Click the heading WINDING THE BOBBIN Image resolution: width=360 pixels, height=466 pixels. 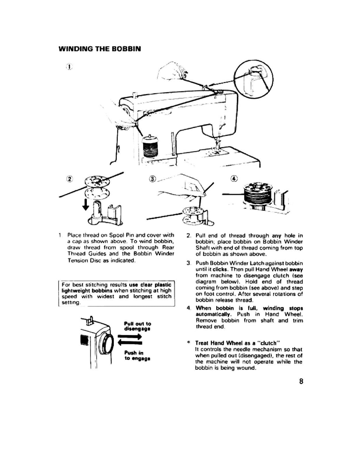[x=99, y=49]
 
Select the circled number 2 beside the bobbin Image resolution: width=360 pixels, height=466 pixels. [x=70, y=179]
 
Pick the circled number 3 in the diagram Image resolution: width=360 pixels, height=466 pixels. [x=152, y=179]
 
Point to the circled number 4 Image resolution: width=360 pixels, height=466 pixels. [x=233, y=179]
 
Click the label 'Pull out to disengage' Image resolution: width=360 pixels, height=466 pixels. [x=137, y=326]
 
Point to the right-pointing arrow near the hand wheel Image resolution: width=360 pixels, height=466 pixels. [x=130, y=336]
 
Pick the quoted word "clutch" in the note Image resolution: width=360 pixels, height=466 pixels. [x=260, y=343]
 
